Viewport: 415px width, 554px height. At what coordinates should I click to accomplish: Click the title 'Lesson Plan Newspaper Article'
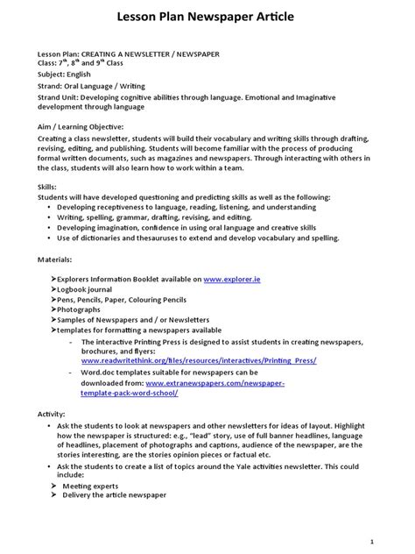pos(207,17)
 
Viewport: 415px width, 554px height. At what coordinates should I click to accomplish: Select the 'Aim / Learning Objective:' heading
pos(81,127)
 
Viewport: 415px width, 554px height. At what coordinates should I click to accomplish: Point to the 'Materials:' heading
pos(55,260)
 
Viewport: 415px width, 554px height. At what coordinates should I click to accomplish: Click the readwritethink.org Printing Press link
pos(199,360)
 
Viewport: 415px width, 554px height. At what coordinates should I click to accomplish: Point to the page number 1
pos(397,541)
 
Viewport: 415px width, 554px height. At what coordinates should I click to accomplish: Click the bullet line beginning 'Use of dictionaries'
pos(222,238)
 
